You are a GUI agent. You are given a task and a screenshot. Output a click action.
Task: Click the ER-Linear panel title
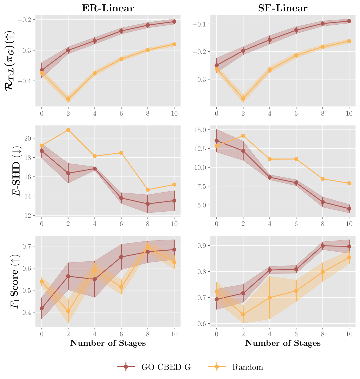tap(108, 8)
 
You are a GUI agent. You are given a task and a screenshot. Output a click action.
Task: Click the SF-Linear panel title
tap(283, 8)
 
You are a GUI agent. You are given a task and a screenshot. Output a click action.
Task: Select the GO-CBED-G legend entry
tap(154, 367)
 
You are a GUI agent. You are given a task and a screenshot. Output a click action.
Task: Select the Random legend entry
tap(236, 367)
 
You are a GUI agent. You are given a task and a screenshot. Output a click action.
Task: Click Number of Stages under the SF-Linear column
tap(283, 343)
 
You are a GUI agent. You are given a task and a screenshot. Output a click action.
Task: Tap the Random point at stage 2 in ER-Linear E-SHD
tap(68, 130)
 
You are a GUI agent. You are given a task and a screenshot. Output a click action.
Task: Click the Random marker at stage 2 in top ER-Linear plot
tap(68, 99)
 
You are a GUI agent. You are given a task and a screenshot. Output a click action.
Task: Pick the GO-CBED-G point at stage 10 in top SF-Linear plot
tap(349, 21)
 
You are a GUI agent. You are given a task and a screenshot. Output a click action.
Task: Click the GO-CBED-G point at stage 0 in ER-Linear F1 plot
tap(42, 308)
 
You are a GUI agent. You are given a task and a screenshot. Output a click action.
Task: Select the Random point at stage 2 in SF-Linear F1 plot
tap(243, 315)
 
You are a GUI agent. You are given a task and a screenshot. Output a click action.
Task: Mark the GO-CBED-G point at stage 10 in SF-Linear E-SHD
tap(349, 209)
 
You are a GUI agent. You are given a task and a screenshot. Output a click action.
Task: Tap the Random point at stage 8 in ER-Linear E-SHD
tap(148, 190)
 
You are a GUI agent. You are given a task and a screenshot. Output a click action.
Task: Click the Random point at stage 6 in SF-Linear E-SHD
tap(296, 159)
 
